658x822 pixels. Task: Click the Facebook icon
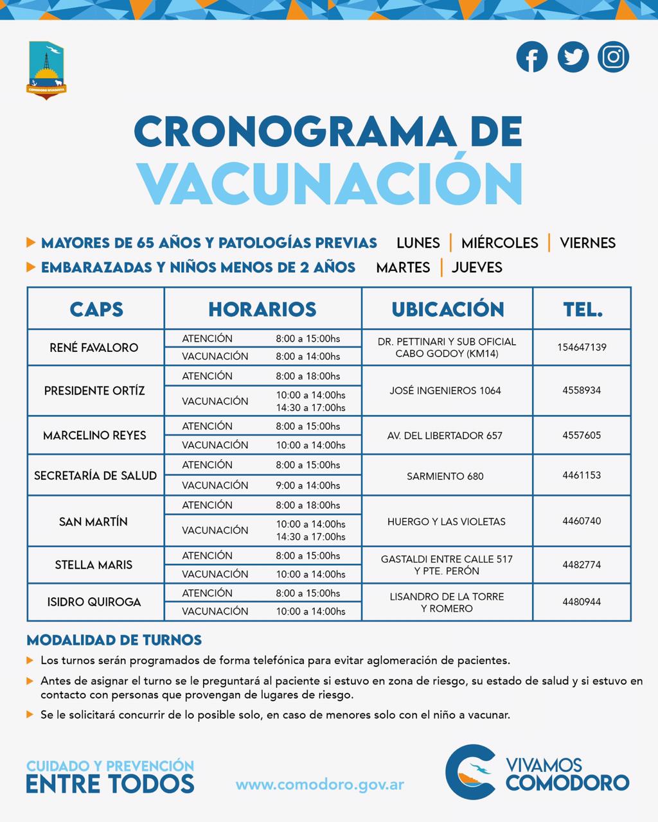(531, 57)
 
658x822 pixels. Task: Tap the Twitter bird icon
(573, 57)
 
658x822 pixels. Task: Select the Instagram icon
(613, 57)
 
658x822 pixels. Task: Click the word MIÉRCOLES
(499, 243)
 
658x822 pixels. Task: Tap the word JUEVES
(477, 267)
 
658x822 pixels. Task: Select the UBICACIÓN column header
(447, 309)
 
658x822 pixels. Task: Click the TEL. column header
(582, 309)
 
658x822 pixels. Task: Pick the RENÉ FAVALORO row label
(94, 347)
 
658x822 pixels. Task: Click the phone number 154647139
(582, 347)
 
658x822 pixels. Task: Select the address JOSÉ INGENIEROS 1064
(445, 390)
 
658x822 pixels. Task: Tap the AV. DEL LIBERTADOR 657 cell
(445, 435)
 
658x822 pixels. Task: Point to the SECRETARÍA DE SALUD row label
(95, 476)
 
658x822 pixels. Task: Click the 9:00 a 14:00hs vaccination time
(308, 485)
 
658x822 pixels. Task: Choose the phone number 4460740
(582, 521)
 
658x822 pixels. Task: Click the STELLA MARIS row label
(94, 565)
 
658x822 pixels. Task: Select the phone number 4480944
(582, 602)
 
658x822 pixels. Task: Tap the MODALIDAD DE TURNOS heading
(114, 640)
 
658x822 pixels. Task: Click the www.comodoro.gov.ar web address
(320, 785)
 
